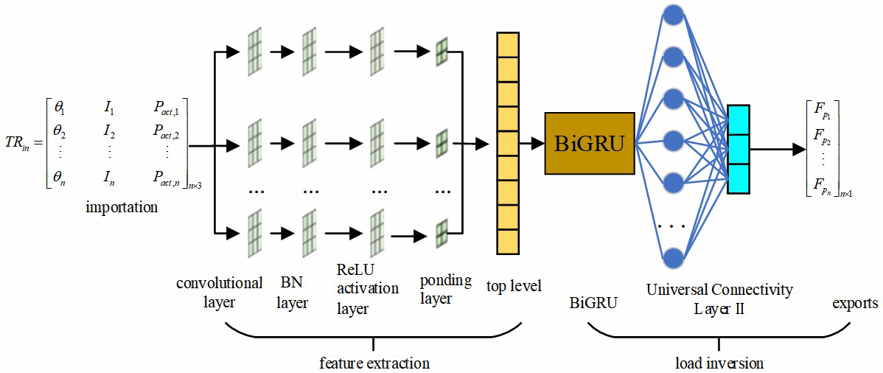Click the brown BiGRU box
pos(589,143)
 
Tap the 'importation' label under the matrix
pos(122,207)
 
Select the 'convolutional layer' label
pos(219,292)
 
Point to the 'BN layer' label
pos(293,292)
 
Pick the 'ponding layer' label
pos(445,289)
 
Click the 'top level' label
pos(514,285)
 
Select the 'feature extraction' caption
pos(374,363)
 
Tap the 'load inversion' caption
pos(719,363)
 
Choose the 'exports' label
pos(855,303)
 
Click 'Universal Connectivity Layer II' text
pos(719,299)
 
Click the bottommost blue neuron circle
pos(672,257)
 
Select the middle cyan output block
pos(738,149)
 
